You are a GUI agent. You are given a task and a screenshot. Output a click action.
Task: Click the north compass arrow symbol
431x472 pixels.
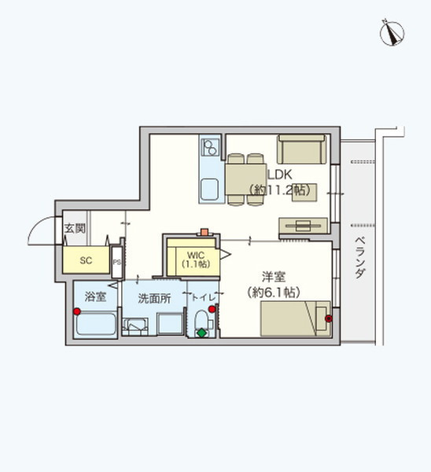[391, 32]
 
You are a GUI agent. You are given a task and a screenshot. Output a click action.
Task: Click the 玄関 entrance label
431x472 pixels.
[75, 229]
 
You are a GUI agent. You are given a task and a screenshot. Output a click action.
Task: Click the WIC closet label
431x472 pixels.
[195, 254]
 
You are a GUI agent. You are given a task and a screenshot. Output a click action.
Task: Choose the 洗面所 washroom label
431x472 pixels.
[153, 298]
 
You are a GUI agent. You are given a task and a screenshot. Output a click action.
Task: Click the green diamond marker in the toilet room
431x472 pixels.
[201, 333]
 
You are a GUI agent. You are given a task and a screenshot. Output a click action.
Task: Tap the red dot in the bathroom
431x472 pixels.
[77, 312]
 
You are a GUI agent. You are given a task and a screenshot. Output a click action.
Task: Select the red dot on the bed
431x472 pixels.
[329, 319]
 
